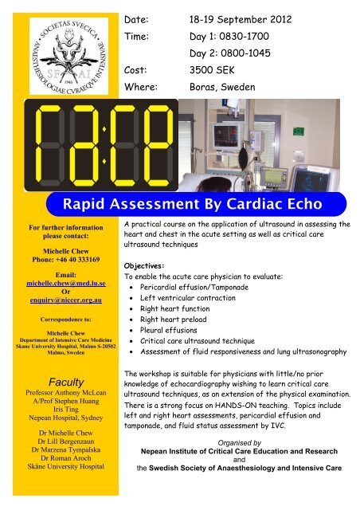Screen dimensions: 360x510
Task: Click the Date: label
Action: pyautogui.click(x=139, y=14)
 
